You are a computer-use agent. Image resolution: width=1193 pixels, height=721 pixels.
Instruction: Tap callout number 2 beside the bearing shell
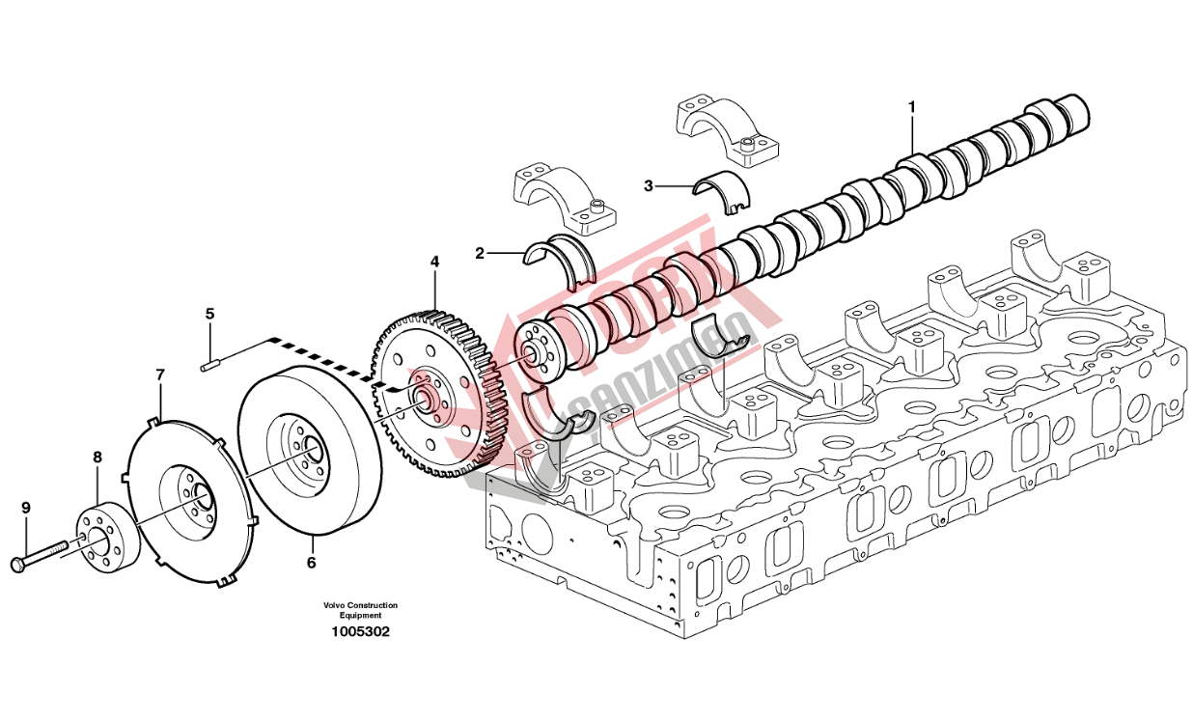(x=479, y=253)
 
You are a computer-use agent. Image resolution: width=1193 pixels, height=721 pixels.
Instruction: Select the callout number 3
(x=649, y=184)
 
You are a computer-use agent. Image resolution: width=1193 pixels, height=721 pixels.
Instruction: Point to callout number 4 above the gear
(x=434, y=262)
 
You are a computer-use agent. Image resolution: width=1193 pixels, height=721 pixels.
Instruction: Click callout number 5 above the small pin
(x=209, y=314)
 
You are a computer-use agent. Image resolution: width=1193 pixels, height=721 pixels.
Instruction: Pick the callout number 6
(x=311, y=561)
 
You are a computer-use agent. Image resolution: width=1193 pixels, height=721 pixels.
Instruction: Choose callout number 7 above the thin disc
(x=160, y=374)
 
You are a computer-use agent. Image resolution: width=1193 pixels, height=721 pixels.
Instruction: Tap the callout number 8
(x=97, y=456)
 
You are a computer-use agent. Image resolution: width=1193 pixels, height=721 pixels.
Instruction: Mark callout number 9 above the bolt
(x=26, y=507)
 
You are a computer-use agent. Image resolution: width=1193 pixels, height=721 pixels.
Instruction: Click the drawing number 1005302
(x=361, y=632)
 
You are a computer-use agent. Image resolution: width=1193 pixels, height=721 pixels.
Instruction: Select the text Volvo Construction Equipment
(x=361, y=610)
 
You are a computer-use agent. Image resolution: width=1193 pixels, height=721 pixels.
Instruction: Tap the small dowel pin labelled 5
(x=211, y=365)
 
